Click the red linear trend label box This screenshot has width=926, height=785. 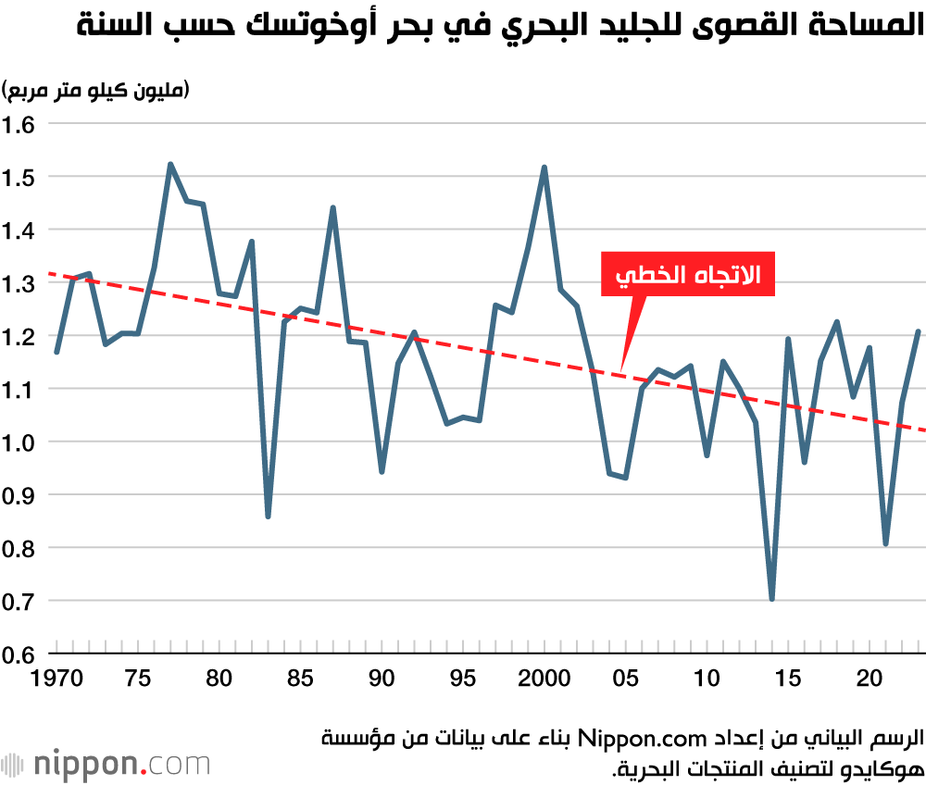click(687, 274)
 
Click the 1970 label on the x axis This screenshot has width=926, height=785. click(57, 679)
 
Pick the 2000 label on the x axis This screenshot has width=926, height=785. click(544, 679)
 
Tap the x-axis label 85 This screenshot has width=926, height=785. click(300, 679)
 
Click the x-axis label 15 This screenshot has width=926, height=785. click(788, 679)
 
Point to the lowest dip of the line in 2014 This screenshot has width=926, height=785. click(771, 599)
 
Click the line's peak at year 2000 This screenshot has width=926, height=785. click(544, 168)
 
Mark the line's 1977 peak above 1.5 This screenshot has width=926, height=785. click(170, 164)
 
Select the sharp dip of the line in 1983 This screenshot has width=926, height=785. click(268, 516)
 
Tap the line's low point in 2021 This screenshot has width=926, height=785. click(885, 544)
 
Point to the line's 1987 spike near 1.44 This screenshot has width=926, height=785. click(332, 207)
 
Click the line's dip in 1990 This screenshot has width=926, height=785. click(382, 471)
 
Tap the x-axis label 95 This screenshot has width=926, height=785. click(463, 679)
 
